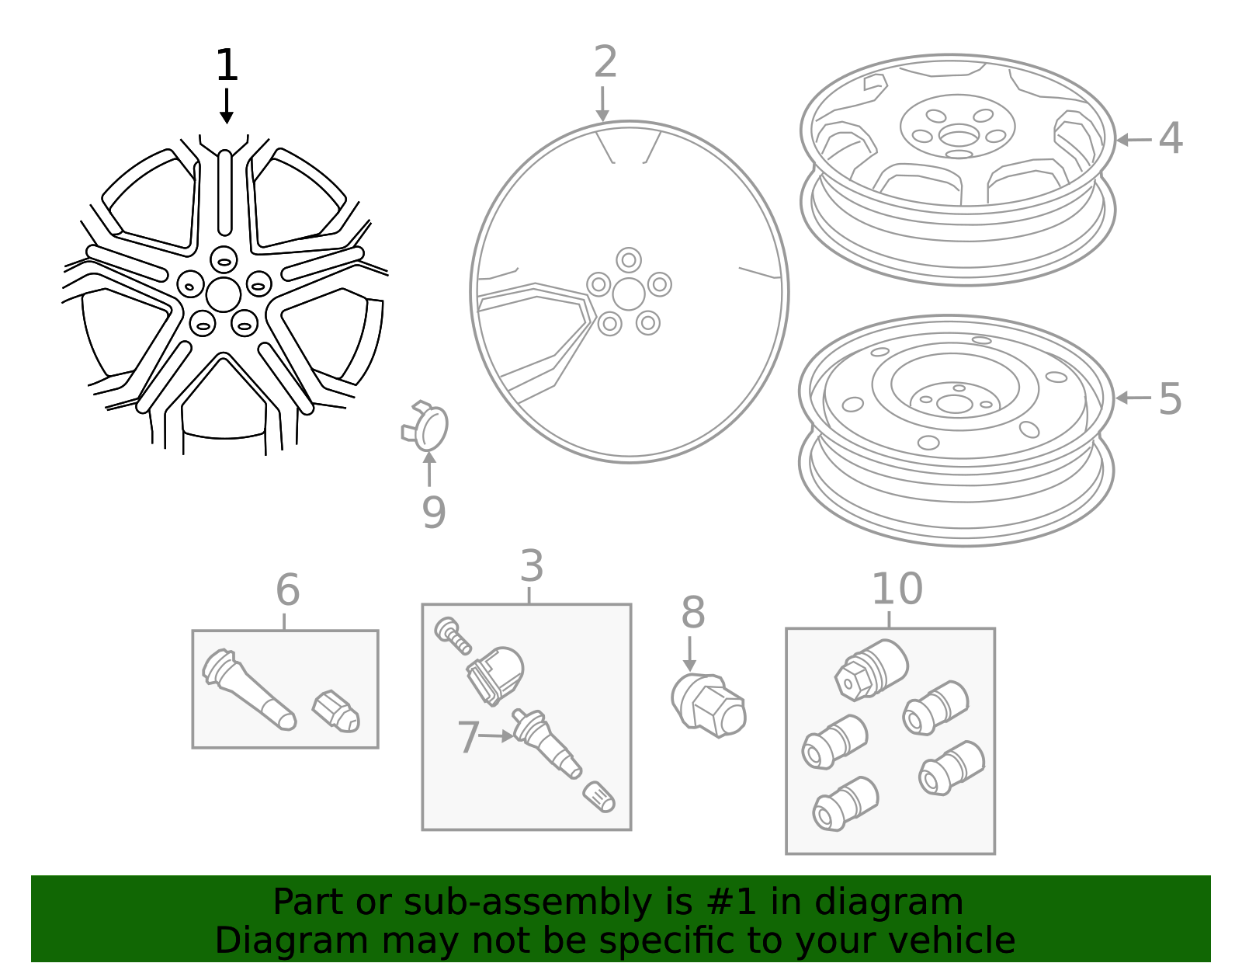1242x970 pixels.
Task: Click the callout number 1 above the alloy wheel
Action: click(x=226, y=65)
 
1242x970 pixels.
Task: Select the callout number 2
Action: click(x=605, y=62)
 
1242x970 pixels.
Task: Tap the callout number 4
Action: click(x=1170, y=139)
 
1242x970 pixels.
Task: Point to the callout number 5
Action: click(x=1170, y=399)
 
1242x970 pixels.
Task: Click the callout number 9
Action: click(x=434, y=513)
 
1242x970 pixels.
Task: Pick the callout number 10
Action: click(x=897, y=589)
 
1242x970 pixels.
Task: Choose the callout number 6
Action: click(x=287, y=590)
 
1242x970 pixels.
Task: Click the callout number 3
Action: click(x=532, y=566)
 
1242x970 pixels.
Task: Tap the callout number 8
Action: click(x=692, y=613)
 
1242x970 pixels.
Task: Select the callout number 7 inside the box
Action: click(x=468, y=737)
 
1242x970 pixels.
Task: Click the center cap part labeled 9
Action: click(x=427, y=426)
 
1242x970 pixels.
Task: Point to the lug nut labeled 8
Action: click(x=709, y=704)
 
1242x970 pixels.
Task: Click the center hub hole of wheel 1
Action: click(x=224, y=294)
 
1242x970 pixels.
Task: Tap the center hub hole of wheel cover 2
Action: click(x=628, y=294)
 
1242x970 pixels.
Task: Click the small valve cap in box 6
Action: click(x=336, y=711)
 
